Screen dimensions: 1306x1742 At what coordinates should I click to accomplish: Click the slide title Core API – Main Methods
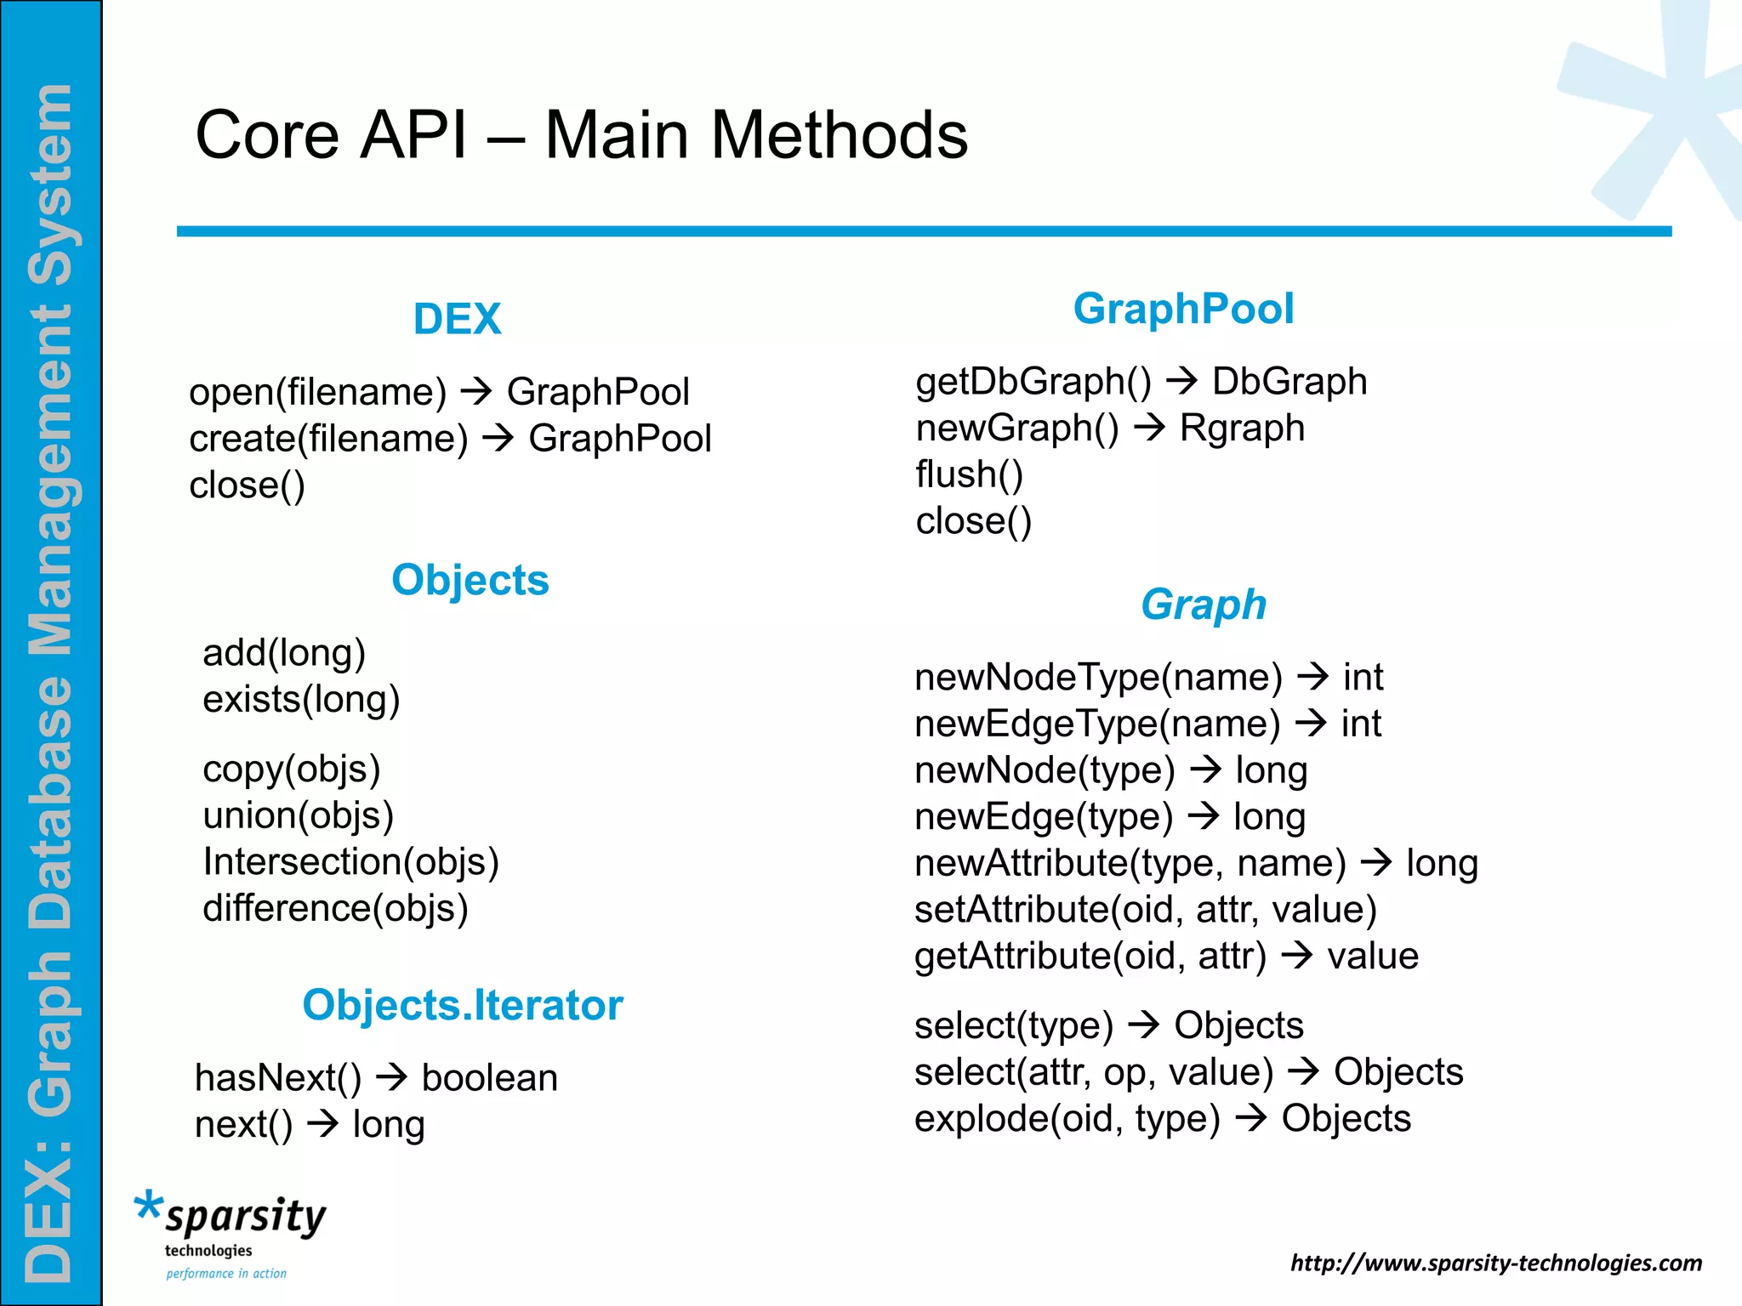582,134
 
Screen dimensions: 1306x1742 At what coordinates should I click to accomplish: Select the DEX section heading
457,319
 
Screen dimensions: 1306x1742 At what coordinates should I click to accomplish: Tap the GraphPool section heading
1183,308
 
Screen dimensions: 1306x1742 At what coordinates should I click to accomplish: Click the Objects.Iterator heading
463,1005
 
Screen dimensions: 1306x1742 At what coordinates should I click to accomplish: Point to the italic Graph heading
1204,605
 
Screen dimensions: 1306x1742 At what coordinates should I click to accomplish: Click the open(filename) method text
317,392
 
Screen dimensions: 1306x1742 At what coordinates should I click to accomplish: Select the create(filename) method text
328,439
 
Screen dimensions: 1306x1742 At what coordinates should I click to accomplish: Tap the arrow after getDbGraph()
1181,381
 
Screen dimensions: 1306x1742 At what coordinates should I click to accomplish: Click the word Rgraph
1242,428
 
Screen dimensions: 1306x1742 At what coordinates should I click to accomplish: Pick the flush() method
969,474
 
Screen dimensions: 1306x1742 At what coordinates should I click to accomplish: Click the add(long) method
284,653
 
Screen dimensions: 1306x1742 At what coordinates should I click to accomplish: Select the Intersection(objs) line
350,861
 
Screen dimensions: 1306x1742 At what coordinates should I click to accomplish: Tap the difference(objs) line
335,908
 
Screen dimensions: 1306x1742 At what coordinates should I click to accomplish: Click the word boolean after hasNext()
490,1078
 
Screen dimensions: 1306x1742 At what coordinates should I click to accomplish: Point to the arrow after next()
323,1124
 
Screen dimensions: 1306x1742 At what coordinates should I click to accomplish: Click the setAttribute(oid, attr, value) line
1145,910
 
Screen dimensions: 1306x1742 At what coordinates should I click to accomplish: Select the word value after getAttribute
1373,957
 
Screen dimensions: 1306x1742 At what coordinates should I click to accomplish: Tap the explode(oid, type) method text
1067,1119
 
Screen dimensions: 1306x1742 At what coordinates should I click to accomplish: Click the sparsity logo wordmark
245,1217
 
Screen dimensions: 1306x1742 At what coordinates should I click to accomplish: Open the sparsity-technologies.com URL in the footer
1496,1263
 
